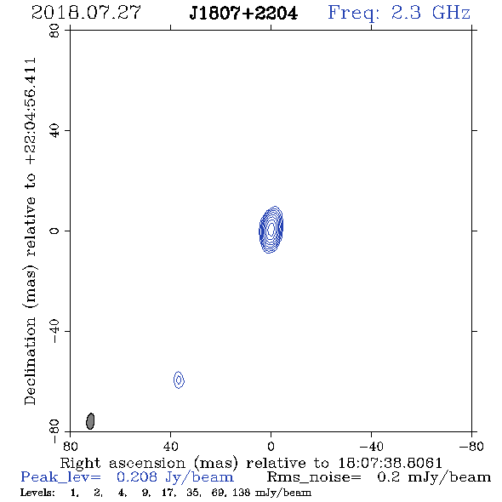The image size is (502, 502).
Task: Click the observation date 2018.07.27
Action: coord(86,13)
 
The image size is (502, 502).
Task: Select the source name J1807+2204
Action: coord(243,13)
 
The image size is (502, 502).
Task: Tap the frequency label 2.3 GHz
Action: coord(431,13)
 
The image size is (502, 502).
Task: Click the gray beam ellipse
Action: coord(90,421)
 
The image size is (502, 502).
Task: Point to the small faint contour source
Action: coord(179,379)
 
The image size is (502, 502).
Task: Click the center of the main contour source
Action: coord(271,229)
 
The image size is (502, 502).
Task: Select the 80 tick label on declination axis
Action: coord(54,31)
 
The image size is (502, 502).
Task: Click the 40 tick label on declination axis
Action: coord(54,131)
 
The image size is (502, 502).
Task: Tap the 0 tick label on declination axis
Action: coord(54,231)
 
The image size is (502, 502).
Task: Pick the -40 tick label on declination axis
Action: coord(54,331)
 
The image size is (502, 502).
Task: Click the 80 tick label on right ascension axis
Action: coord(70,446)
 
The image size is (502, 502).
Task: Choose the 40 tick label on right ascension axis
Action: coord(171,446)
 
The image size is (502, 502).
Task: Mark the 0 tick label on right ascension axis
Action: coord(271,446)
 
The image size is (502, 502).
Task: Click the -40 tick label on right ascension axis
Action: coord(371,446)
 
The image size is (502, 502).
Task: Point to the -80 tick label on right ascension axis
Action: coord(471,446)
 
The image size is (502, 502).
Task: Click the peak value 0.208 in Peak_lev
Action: coord(137,477)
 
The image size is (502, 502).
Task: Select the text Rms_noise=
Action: coord(314,477)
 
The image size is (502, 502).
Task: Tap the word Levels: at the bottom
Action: coord(37,493)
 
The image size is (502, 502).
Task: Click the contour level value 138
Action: coord(241,493)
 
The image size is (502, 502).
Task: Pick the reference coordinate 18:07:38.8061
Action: coord(390,463)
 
